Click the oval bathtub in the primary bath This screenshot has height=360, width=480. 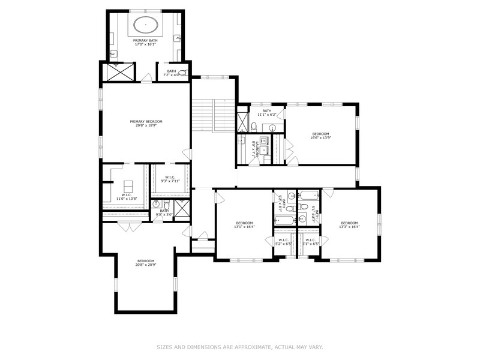(146, 25)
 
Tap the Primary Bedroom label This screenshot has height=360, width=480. (146, 124)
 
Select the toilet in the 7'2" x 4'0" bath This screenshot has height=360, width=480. (183, 73)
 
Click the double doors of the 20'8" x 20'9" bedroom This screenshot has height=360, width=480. (125, 227)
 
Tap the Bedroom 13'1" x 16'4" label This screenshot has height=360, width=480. (244, 224)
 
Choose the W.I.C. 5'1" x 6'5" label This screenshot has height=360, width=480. (310, 242)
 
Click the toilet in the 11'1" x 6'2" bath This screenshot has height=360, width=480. (254, 127)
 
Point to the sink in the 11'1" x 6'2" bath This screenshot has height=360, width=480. (271, 127)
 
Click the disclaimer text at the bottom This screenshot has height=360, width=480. (239, 346)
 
